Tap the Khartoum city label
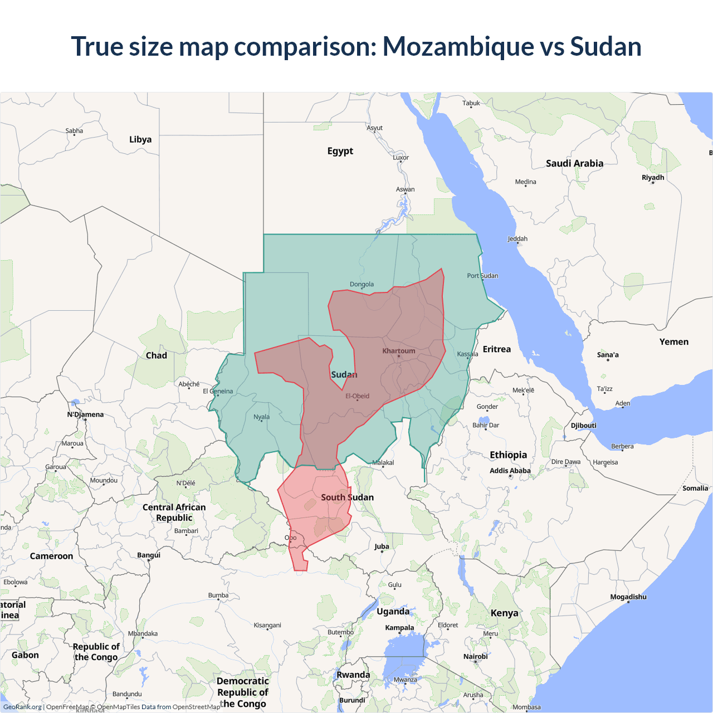(399, 351)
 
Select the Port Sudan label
(482, 276)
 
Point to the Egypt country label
(340, 151)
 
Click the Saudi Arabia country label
(574, 163)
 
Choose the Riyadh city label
(653, 178)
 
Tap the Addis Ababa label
(510, 471)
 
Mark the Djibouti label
(583, 426)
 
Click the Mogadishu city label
(628, 597)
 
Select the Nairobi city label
(476, 657)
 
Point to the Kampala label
(399, 628)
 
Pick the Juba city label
(382, 546)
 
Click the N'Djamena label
(85, 414)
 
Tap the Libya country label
(140, 139)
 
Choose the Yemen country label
(674, 342)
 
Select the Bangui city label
(149, 555)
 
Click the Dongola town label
(362, 285)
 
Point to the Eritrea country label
(496, 349)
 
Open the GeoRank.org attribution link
(22, 707)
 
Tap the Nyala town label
(261, 417)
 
